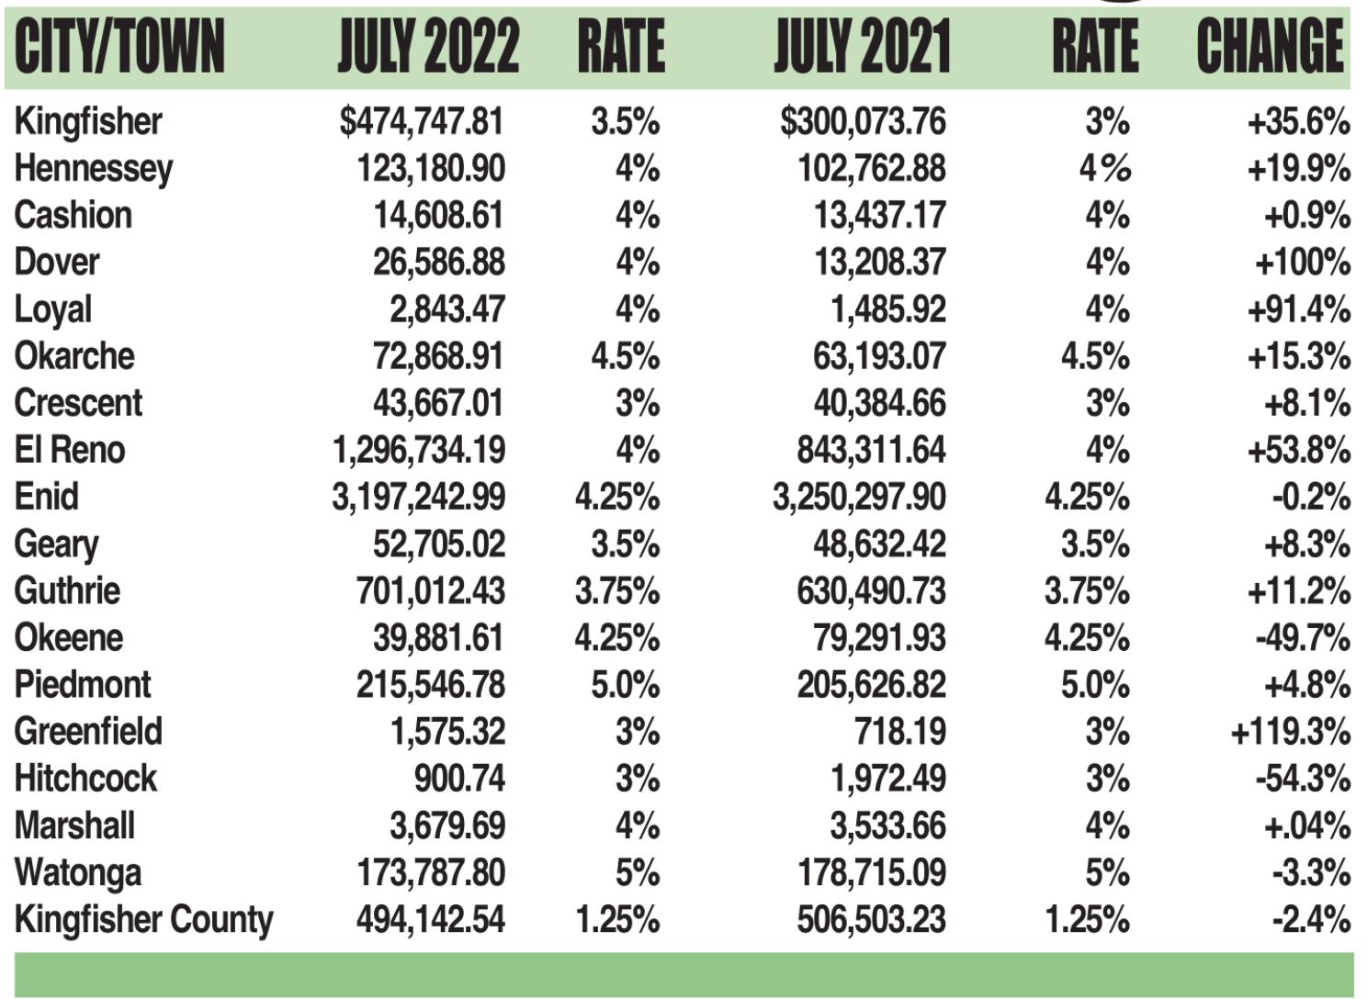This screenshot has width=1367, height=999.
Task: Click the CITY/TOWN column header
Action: (x=119, y=46)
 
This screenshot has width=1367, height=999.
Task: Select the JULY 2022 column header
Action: (x=428, y=46)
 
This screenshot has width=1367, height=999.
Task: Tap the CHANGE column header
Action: (x=1271, y=46)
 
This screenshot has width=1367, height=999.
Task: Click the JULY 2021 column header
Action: (x=862, y=46)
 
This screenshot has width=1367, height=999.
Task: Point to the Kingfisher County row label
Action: (x=144, y=920)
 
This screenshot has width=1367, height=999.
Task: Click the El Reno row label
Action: (x=70, y=450)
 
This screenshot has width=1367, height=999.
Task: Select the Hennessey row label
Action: (x=94, y=169)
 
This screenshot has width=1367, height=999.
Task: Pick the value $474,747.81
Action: (x=422, y=121)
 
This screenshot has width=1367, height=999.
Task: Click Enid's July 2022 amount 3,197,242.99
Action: (x=418, y=497)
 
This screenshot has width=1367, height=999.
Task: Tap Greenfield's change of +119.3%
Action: (x=1290, y=732)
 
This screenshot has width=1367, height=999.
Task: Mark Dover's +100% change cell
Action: (x=1302, y=263)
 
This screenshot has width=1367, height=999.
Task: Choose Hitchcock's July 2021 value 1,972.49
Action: (x=887, y=779)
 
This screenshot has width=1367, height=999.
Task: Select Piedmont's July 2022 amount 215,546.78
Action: (x=431, y=685)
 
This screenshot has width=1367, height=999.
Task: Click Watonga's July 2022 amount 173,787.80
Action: (x=431, y=872)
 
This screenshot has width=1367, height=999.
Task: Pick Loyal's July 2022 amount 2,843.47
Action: (x=446, y=309)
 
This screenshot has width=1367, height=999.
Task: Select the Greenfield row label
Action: (x=88, y=732)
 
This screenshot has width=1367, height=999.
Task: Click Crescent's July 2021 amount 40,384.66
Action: (x=879, y=403)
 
